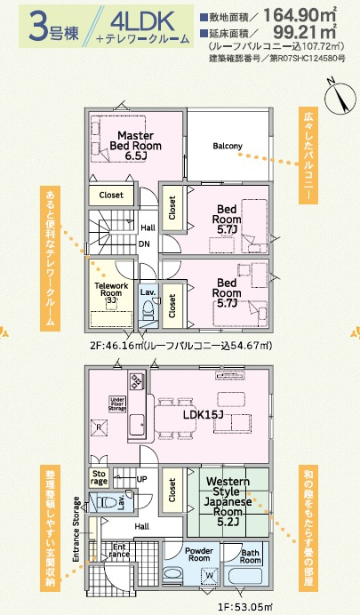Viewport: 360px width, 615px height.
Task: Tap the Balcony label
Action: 229,146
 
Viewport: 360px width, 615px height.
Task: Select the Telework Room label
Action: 111,290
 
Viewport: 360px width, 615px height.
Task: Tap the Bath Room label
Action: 251,557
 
